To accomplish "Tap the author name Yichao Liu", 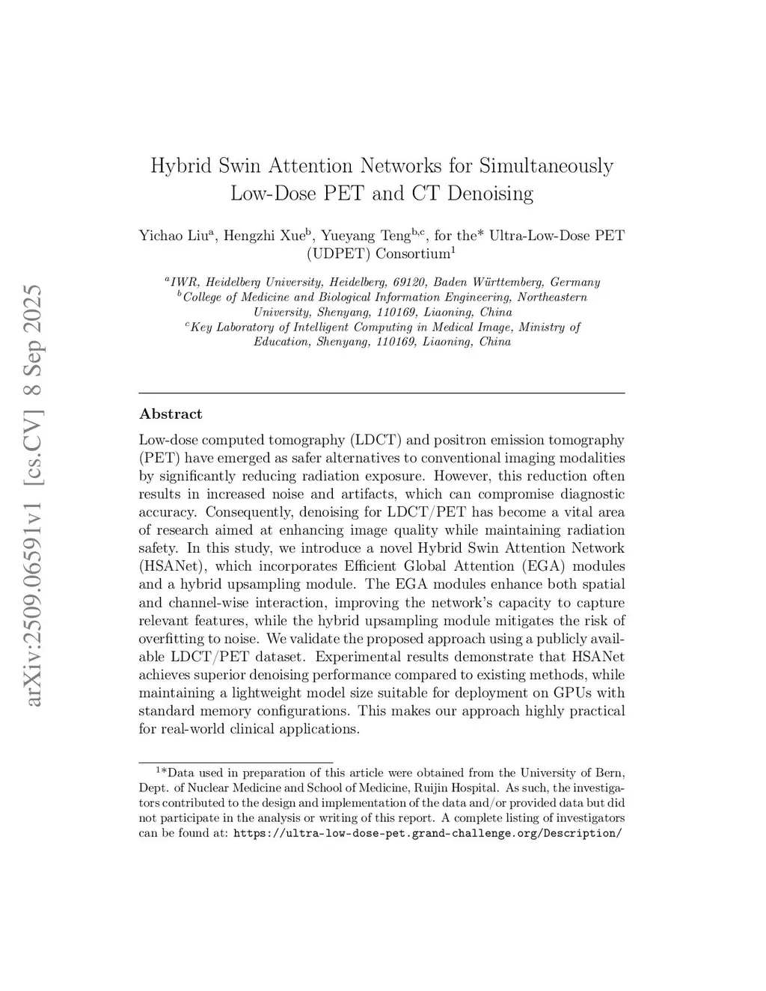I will point(174,236).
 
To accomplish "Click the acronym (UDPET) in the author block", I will point(339,254).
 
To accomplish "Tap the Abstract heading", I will point(171,414).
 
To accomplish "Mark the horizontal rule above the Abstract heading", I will point(382,393).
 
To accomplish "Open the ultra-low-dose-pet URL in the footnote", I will point(427,833).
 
